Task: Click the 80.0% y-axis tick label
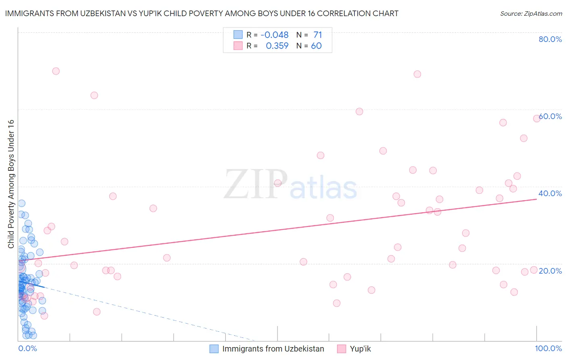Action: [550, 39]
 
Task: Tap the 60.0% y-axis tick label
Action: [550, 116]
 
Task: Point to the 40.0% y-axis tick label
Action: [550, 193]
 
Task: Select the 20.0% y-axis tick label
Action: [550, 271]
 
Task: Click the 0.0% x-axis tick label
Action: [27, 348]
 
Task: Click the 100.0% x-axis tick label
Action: [548, 348]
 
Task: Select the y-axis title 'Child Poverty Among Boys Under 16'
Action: [11, 184]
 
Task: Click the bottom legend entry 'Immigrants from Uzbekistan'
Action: [273, 349]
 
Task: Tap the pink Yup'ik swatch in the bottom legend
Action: [342, 349]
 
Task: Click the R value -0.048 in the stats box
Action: [274, 35]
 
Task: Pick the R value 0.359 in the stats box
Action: [277, 46]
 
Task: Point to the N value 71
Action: [318, 35]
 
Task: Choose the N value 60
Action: [316, 46]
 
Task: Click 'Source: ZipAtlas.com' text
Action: [531, 14]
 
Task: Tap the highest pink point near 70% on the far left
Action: [56, 71]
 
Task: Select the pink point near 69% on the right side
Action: [417, 74]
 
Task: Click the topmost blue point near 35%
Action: [22, 203]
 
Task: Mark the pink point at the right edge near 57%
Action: [537, 119]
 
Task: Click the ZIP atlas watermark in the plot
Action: [290, 185]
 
